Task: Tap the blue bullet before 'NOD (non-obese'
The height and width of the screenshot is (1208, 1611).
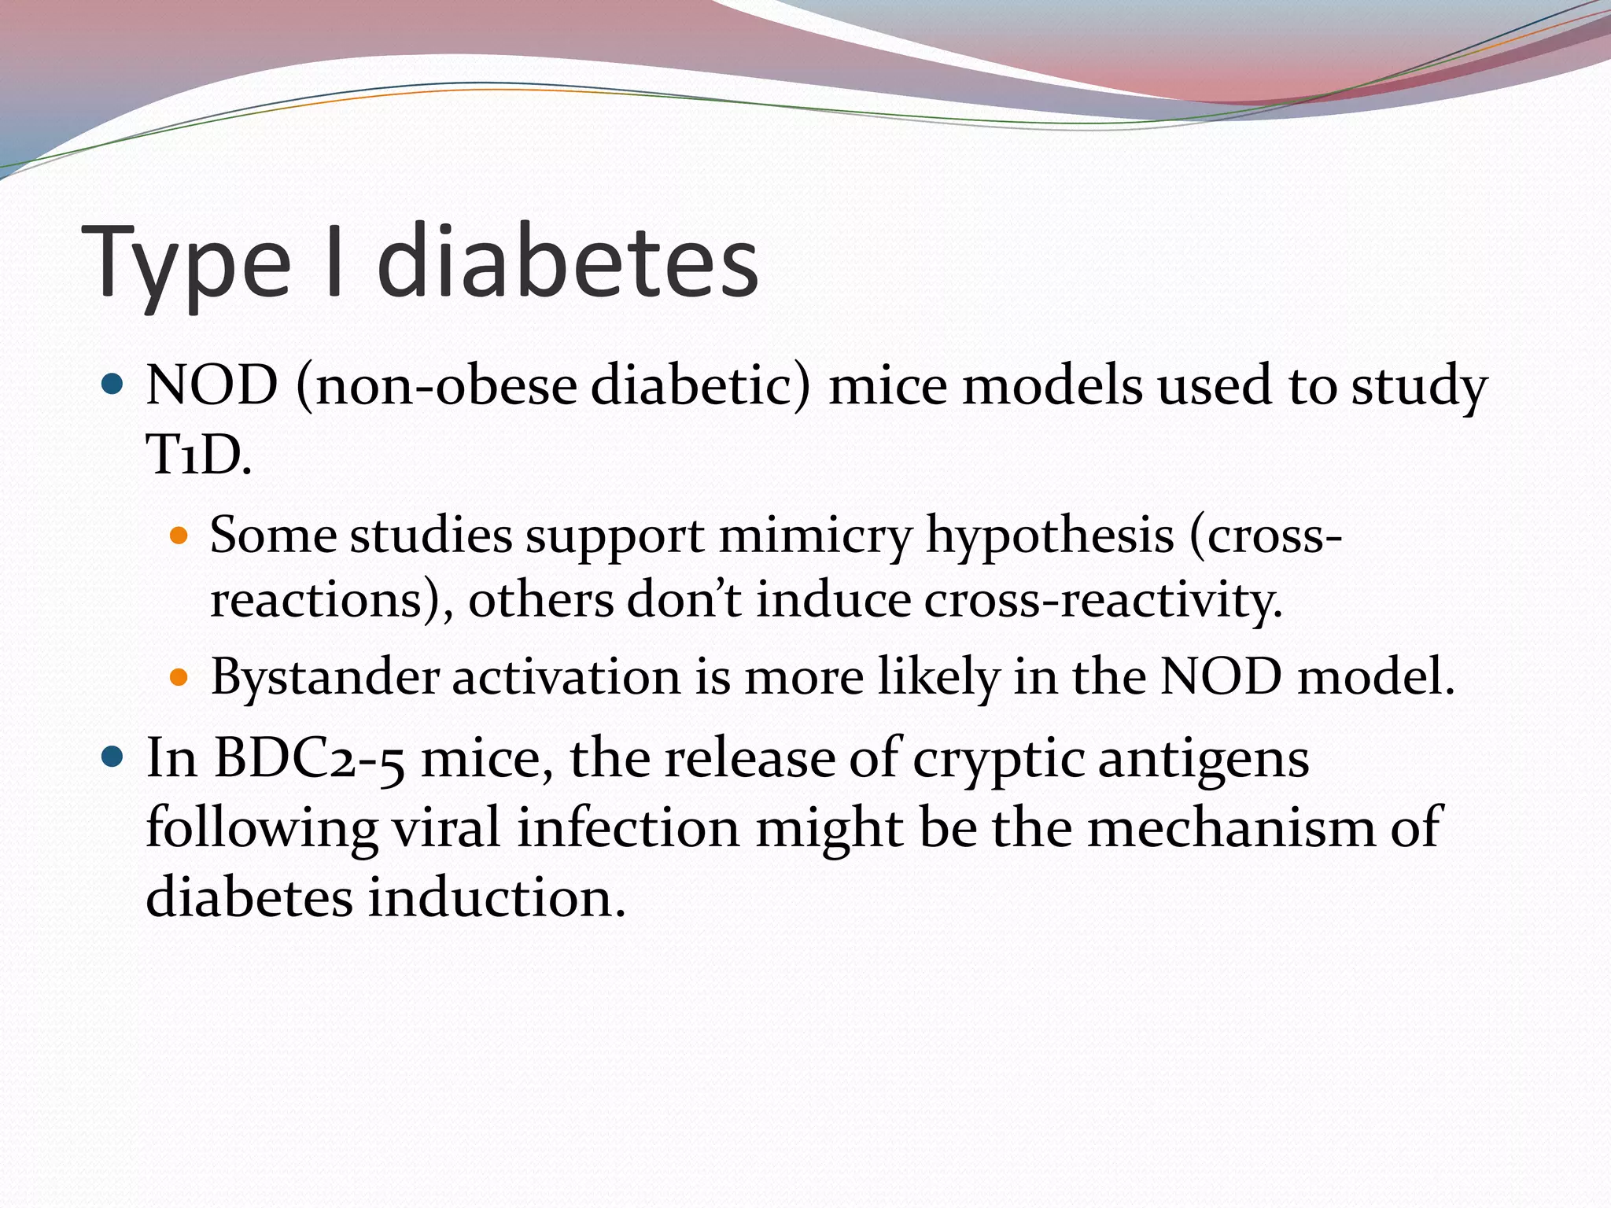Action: (113, 385)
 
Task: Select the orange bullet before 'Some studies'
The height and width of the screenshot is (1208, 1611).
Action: (179, 537)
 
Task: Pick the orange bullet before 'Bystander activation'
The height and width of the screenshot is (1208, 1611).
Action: (179, 676)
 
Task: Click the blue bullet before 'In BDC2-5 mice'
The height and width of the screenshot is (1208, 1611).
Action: (113, 757)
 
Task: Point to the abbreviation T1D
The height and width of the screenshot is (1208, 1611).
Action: (198, 455)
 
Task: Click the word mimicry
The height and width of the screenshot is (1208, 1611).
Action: (815, 537)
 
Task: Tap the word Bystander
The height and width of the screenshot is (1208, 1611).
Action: (324, 677)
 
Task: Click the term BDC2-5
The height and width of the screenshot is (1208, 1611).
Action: (309, 758)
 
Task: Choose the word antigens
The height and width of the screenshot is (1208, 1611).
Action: (1203, 760)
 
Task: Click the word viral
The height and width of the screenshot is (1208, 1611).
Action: (446, 827)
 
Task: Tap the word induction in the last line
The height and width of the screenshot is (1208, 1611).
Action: (496, 897)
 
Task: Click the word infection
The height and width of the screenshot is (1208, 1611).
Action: (628, 827)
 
